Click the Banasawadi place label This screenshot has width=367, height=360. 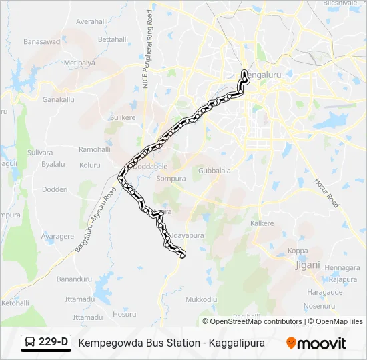coord(42,41)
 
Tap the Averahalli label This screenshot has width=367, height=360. coord(91,21)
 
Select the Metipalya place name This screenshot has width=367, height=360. coord(79,63)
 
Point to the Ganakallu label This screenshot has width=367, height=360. coord(58,99)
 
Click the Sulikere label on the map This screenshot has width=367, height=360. coord(123,117)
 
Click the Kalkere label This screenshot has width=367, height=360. coord(262,223)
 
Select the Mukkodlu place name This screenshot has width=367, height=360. coord(201,299)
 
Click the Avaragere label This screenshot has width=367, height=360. coord(57,236)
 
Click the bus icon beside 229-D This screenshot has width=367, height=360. coord(30,343)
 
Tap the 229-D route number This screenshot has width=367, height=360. coord(53,343)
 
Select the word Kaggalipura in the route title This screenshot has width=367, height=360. coord(237,343)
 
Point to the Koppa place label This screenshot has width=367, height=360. coord(298,251)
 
